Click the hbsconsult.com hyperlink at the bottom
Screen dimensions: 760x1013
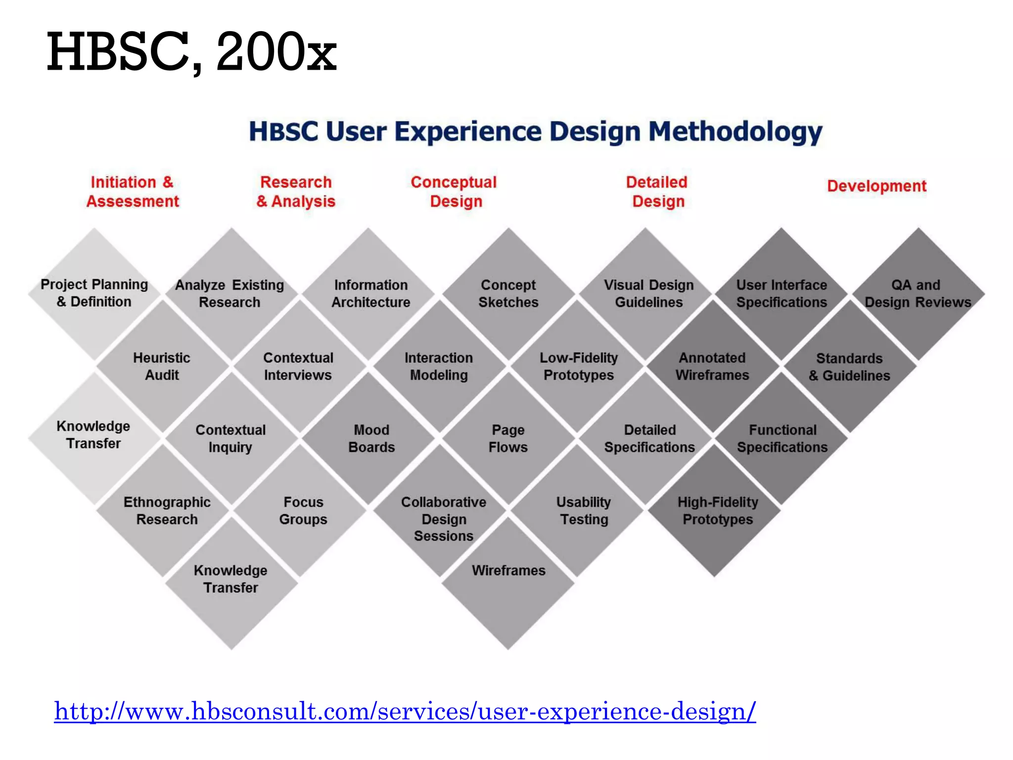pyautogui.click(x=405, y=712)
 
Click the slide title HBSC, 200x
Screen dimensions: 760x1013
pyautogui.click(x=191, y=52)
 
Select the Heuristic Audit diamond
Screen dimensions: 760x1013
pyautogui.click(x=162, y=366)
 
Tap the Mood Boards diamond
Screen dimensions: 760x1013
pyautogui.click(x=371, y=438)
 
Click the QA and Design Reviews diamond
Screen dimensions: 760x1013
pyautogui.click(x=918, y=293)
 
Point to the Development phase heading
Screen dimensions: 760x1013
pyautogui.click(x=876, y=186)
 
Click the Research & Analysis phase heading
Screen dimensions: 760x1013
pyautogui.click(x=296, y=191)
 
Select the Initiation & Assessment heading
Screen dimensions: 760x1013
pyautogui.click(x=133, y=191)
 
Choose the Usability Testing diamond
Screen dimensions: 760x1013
pyautogui.click(x=584, y=511)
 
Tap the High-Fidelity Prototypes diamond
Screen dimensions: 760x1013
pyautogui.click(x=717, y=511)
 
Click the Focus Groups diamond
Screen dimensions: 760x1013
pyautogui.click(x=303, y=511)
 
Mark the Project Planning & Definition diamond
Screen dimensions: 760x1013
pyautogui.click(x=94, y=293)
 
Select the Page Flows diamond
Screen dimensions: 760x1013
pyautogui.click(x=508, y=438)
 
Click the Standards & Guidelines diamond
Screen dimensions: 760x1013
pyautogui.click(x=849, y=367)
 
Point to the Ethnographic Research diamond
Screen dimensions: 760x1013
pyautogui.click(x=167, y=511)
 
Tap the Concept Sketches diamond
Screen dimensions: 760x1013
pyautogui.click(x=508, y=293)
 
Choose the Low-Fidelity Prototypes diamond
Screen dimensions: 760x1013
pyautogui.click(x=579, y=366)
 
